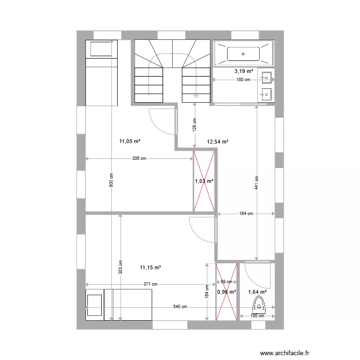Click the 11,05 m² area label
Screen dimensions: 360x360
click(130, 141)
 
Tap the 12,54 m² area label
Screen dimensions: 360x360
click(217, 142)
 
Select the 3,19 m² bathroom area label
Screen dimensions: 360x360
click(243, 71)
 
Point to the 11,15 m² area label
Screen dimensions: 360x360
click(150, 267)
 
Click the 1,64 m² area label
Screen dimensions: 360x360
click(257, 291)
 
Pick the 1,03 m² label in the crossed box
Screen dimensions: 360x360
click(204, 181)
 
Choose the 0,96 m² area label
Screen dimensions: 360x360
click(227, 291)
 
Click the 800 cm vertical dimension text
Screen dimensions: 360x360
click(111, 180)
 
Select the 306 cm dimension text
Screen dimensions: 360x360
click(139, 158)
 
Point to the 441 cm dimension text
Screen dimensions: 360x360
click(257, 182)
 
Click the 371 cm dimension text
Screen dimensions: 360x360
click(150, 284)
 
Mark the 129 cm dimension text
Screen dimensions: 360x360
click(194, 125)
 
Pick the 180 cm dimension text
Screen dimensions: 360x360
click(243, 80)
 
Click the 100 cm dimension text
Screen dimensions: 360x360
click(258, 315)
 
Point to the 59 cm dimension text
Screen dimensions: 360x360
click(227, 282)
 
